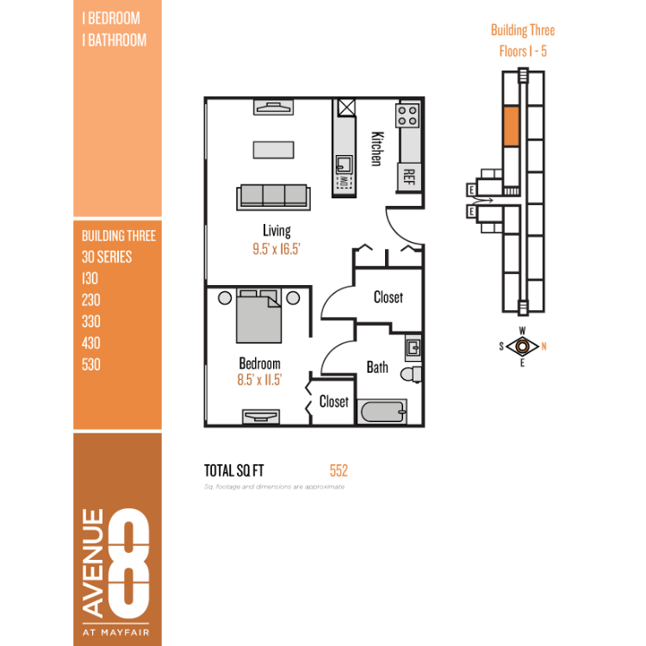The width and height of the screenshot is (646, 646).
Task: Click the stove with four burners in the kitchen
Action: pyautogui.click(x=407, y=115)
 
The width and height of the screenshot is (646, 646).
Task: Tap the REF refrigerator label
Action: pyautogui.click(x=408, y=177)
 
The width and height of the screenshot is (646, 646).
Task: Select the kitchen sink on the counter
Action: pyautogui.click(x=344, y=165)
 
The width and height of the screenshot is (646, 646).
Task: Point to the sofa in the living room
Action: pyautogui.click(x=273, y=197)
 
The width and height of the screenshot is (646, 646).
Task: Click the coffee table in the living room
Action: pyautogui.click(x=274, y=150)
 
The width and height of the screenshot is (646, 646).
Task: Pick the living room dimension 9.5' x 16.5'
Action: pyautogui.click(x=276, y=249)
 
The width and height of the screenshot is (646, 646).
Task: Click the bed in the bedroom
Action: pyautogui.click(x=258, y=316)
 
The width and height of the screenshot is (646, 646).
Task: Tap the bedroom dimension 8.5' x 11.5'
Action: pyautogui.click(x=259, y=380)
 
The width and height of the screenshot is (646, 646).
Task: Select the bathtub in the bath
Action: pyautogui.click(x=382, y=411)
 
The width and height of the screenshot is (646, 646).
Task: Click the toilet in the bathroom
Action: pyautogui.click(x=411, y=375)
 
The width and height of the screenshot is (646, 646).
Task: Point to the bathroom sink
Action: pyautogui.click(x=413, y=348)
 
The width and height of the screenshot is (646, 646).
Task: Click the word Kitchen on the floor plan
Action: pyautogui.click(x=377, y=149)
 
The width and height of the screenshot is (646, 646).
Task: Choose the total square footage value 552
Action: pyautogui.click(x=339, y=470)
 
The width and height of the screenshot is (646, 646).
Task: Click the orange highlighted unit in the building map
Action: pyautogui.click(x=512, y=126)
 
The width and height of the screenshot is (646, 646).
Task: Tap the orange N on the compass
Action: pyautogui.click(x=544, y=346)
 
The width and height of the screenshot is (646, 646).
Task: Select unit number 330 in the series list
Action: pyautogui.click(x=91, y=321)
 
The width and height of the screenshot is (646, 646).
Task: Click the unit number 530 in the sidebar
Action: pyautogui.click(x=91, y=364)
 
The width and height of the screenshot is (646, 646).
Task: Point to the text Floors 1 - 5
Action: pyautogui.click(x=523, y=52)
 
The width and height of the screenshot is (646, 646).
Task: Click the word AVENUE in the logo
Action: pyautogui.click(x=93, y=563)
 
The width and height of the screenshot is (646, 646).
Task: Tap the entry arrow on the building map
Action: pyautogui.click(x=483, y=201)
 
